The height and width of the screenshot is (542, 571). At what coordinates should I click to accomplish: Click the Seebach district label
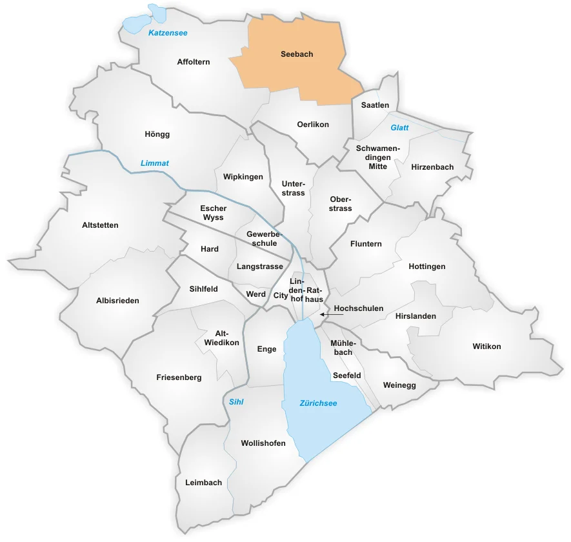pos(297,54)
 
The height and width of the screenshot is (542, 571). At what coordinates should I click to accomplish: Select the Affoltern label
pos(194,62)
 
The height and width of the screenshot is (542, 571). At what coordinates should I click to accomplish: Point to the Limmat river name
pos(155,163)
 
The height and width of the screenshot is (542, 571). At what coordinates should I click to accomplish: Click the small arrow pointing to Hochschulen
pos(326,314)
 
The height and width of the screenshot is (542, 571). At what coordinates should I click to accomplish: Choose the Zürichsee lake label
pos(318,403)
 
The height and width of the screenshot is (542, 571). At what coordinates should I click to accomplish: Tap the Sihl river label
pos(236,401)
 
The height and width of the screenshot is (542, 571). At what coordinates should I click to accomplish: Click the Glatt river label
pos(399,128)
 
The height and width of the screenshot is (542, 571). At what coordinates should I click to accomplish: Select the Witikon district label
pos(486,346)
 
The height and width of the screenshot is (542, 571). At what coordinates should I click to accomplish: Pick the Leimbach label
pos(203,483)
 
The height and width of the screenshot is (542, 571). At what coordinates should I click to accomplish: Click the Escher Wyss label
pos(212,213)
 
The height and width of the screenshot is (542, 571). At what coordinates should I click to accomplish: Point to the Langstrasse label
pos(260,266)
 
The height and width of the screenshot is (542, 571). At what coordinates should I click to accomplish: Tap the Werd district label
pos(256,294)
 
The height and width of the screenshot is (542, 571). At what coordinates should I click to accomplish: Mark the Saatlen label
pos(375,105)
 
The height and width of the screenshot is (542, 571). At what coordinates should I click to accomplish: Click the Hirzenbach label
pos(432,167)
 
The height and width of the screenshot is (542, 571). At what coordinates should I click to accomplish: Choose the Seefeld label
pos(346,375)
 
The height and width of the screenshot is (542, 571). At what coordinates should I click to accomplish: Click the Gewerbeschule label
pos(261,239)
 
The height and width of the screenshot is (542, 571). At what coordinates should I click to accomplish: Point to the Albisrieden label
pos(117,301)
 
